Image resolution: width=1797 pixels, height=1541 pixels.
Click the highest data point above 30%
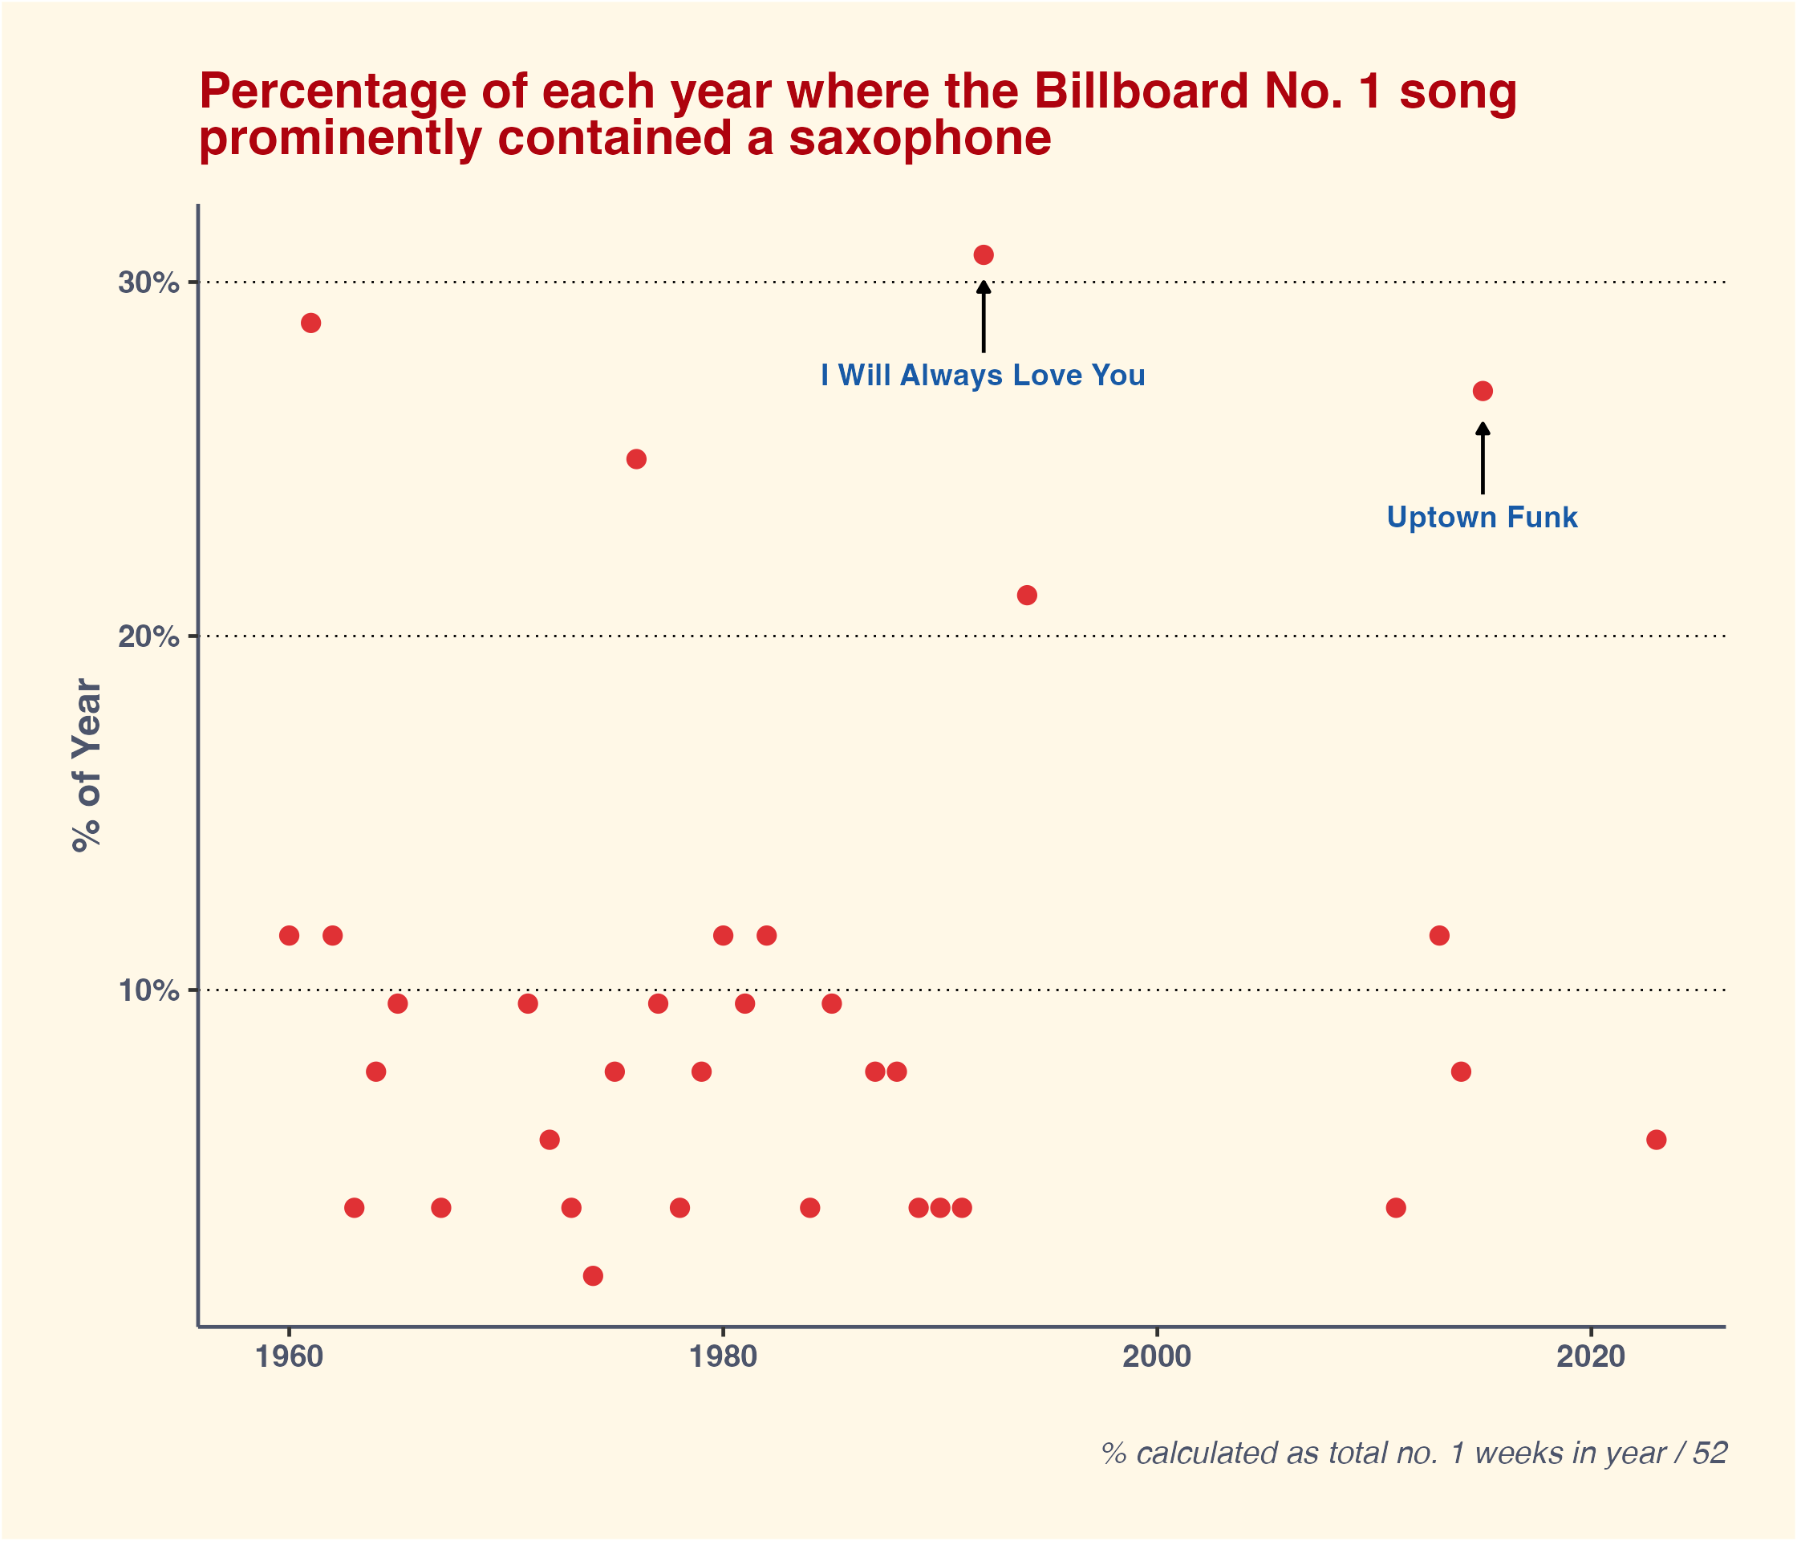[984, 255]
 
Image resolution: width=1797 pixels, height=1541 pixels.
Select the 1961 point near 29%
[310, 323]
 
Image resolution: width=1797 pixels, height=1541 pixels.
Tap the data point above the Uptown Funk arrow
[1483, 392]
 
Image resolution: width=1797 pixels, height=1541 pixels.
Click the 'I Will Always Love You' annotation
[983, 376]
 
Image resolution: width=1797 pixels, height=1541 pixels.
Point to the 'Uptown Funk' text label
[1483, 518]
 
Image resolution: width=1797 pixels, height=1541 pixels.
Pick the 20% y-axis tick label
[148, 637]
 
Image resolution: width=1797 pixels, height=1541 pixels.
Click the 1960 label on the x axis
[290, 1357]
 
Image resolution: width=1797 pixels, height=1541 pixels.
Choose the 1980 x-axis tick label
[724, 1357]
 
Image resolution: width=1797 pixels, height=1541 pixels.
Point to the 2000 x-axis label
[1157, 1357]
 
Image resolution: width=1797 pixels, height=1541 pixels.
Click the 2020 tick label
[1591, 1357]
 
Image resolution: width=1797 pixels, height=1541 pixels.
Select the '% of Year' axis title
[87, 766]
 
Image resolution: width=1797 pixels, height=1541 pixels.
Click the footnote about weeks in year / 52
[1414, 1454]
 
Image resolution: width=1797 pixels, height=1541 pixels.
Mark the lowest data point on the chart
[593, 1275]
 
